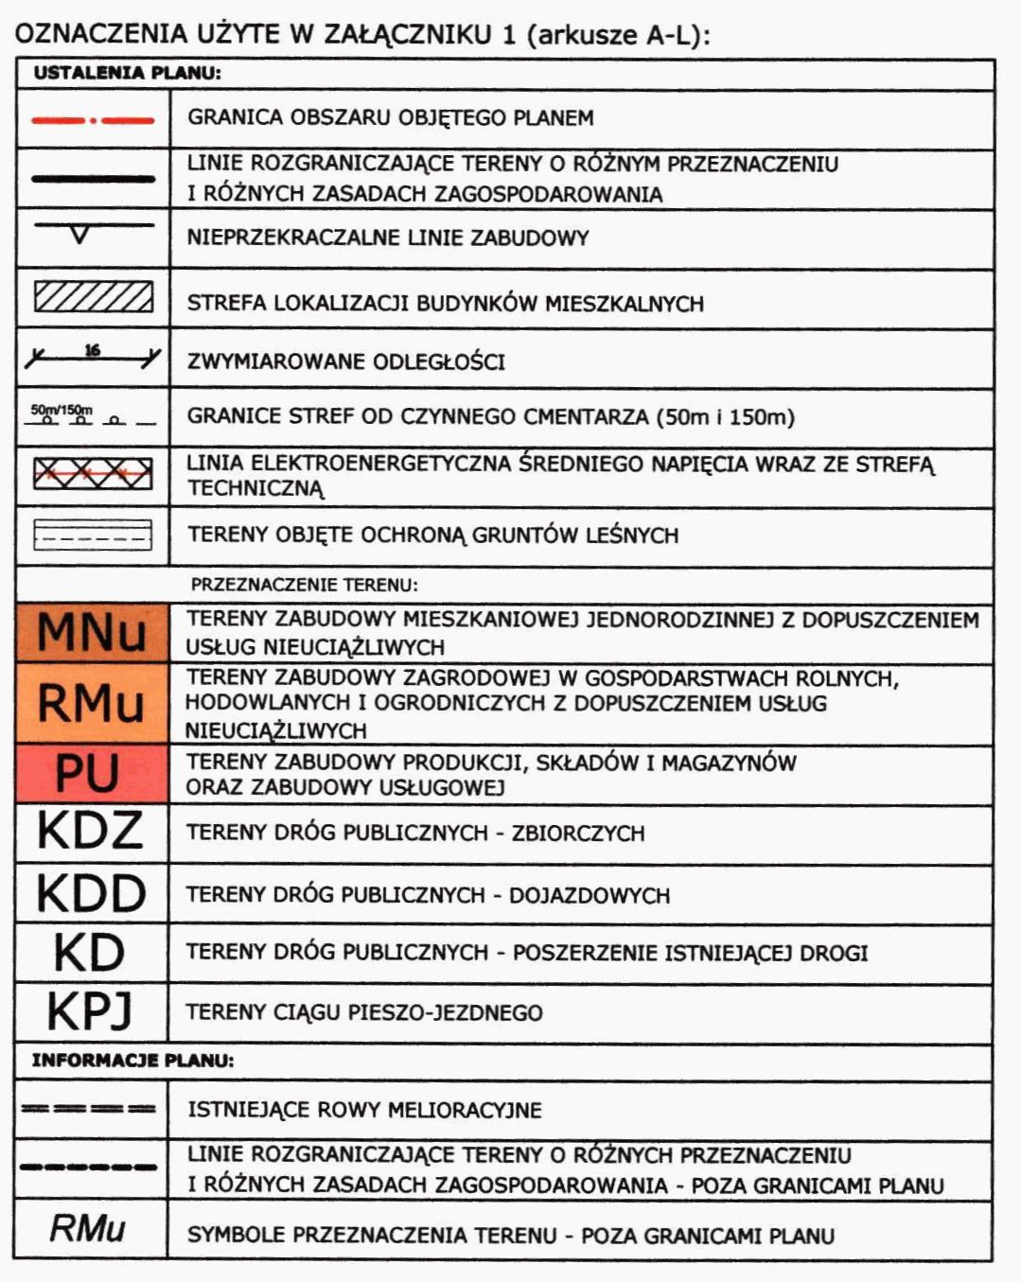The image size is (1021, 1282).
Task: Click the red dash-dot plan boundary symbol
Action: click(93, 120)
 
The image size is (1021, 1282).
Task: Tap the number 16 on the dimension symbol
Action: click(92, 350)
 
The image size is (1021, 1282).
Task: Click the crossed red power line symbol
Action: click(93, 473)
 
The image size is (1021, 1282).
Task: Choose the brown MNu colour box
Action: click(92, 632)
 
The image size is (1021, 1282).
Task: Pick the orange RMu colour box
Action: click(92, 703)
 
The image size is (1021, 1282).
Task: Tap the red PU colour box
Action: click(92, 773)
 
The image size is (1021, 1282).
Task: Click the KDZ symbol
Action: click(90, 832)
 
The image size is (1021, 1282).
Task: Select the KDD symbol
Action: click(91, 893)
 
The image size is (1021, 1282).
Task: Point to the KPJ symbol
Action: click(90, 1011)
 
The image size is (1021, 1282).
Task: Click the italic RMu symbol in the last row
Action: click(88, 1228)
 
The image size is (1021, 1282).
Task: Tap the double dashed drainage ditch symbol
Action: click(89, 1109)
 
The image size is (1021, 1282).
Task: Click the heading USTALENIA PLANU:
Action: click(128, 73)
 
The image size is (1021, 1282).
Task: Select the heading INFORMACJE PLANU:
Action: click(132, 1061)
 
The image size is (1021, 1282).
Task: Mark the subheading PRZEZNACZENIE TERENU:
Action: click(304, 585)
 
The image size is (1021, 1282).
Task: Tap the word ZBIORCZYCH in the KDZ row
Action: click(578, 834)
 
